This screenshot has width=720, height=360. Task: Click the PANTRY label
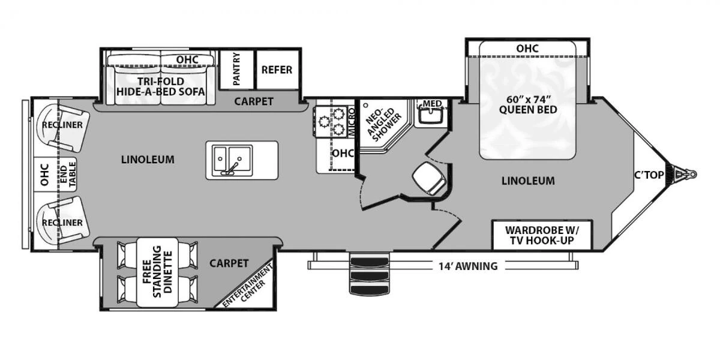click(x=237, y=69)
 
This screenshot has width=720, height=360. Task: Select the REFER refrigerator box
click(x=277, y=70)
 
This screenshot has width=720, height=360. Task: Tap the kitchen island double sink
click(x=230, y=160)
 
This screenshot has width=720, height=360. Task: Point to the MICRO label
click(x=352, y=121)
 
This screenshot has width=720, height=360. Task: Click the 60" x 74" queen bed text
click(x=527, y=104)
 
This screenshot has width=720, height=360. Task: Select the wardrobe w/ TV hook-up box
click(x=541, y=235)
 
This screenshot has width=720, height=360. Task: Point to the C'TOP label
click(x=649, y=175)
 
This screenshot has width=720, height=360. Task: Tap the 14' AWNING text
click(x=467, y=266)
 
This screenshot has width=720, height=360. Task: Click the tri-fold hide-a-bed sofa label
click(x=161, y=86)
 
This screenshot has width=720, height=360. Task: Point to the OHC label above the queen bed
click(x=527, y=48)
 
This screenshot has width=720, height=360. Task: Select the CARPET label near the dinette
click(x=229, y=263)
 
